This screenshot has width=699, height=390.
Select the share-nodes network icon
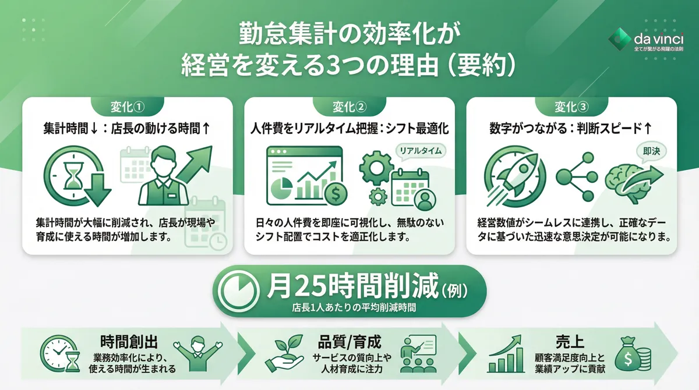tap(575, 176)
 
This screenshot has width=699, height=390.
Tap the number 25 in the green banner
tap(314, 286)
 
